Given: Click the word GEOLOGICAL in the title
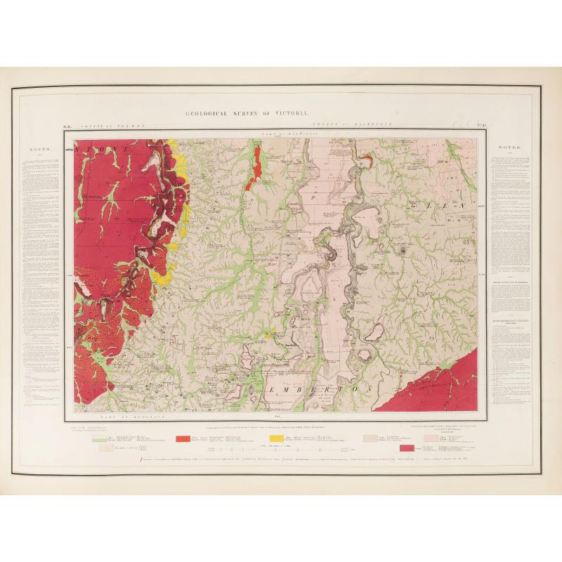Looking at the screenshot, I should [x=210, y=113].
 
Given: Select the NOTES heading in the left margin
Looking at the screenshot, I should [x=39, y=149].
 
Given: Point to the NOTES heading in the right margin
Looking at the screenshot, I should [x=507, y=149].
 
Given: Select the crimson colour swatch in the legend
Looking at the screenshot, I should [x=406, y=447].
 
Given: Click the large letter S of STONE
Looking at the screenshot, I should [x=89, y=150].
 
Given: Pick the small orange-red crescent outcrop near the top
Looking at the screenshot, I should [x=365, y=162].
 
